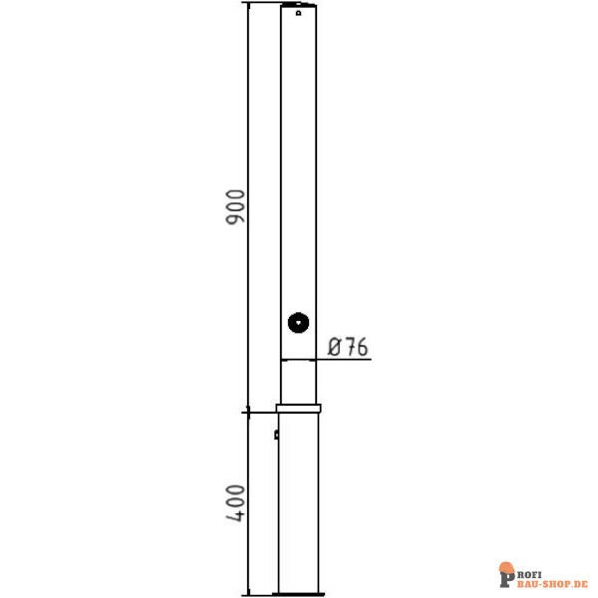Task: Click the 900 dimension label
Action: coord(235,207)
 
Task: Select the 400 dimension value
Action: coord(235,503)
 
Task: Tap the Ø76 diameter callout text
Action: coord(348,347)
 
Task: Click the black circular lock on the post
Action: coord(298,323)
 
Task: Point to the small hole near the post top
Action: coord(299,13)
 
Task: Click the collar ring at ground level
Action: coord(299,409)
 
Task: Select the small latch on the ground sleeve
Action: coord(276,435)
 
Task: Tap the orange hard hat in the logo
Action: coord(506,567)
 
